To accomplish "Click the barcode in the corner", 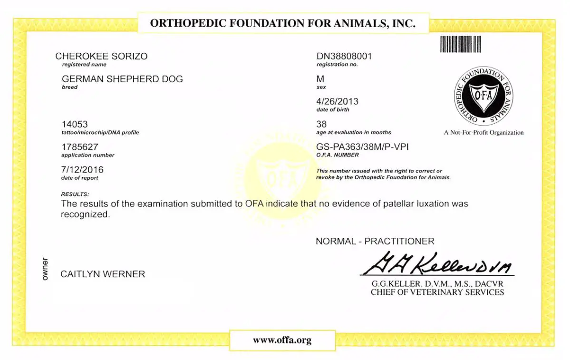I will pos(460,44).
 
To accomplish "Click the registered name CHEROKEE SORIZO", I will pos(101,56).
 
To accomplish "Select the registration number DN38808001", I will pos(344,56).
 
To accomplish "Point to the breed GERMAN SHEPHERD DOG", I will pos(122,79).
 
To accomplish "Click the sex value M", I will pos(320,79).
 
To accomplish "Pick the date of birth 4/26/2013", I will pos(337,101).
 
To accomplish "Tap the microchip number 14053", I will pos(75,124).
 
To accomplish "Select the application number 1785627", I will pos(79,147).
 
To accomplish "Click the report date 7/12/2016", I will pos(82,170).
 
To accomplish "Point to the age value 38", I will pos(321,124).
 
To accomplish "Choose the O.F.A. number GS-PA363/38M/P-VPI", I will pos(362,147).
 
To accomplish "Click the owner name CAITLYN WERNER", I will pos(103,274).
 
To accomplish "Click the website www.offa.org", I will pos(282,340).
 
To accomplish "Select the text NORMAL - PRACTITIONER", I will pos(375,242).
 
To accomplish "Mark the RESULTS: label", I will pos(75,194).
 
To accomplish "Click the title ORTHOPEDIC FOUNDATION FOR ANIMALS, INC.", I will pos(283,23).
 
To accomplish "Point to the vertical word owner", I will pos(45,269).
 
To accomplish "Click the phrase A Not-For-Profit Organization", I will pos(483,133).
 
